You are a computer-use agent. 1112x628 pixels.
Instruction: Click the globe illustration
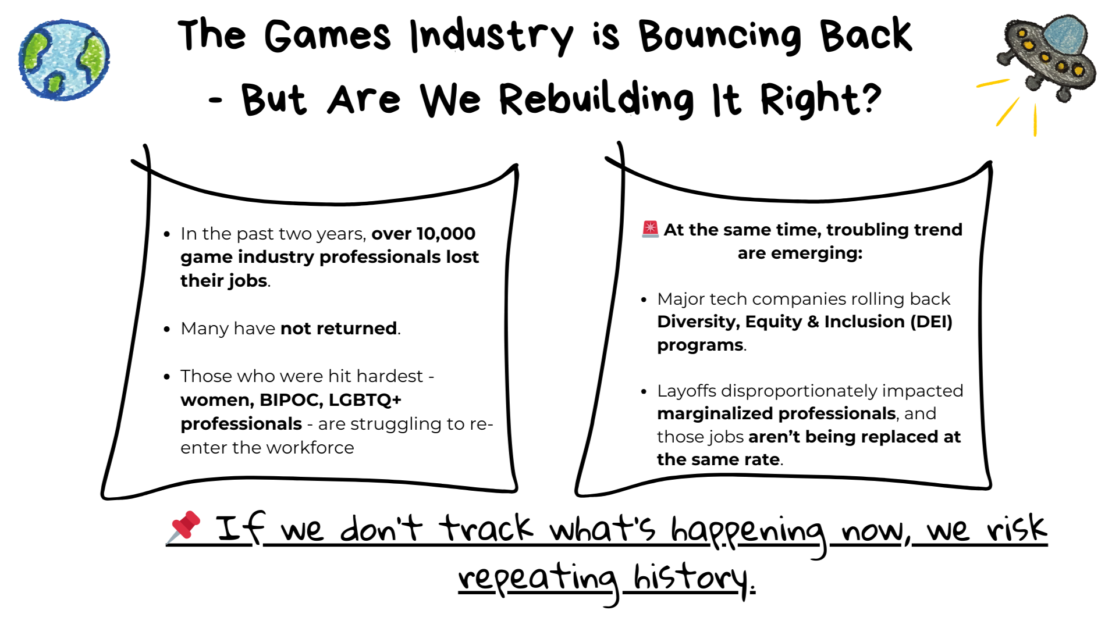tap(64, 60)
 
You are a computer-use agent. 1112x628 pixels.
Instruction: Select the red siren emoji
tap(650, 229)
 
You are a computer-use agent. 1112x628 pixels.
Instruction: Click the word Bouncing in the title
tap(720, 36)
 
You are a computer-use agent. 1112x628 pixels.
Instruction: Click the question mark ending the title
tap(871, 97)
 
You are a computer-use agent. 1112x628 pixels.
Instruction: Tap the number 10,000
tap(446, 234)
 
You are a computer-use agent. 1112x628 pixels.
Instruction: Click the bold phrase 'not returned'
tap(339, 329)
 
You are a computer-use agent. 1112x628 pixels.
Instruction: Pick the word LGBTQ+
tap(365, 400)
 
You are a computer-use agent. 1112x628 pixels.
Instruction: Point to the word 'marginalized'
tap(716, 413)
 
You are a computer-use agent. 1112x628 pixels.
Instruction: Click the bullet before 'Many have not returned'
tap(167, 329)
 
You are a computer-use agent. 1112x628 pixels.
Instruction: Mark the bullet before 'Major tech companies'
tap(644, 300)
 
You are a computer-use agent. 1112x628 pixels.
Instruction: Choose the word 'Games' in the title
tap(327, 36)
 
